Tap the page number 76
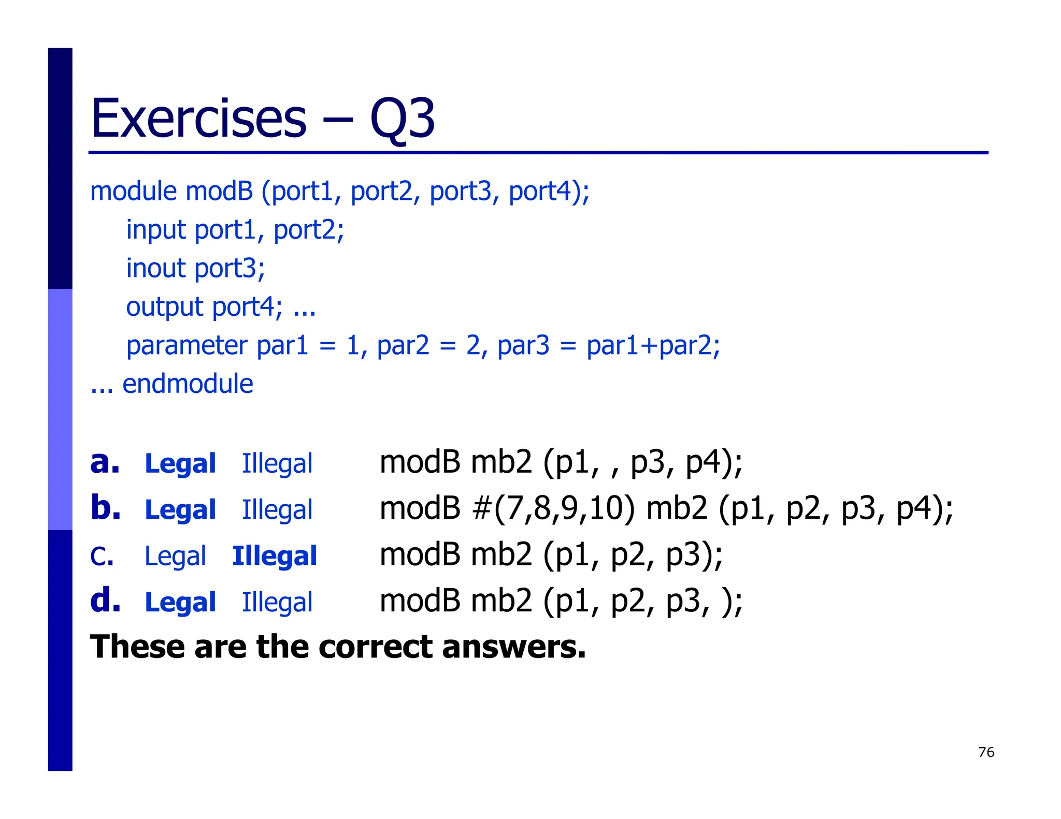[986, 752]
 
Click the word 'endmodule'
[188, 384]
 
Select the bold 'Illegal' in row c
[275, 556]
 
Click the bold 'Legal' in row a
[180, 463]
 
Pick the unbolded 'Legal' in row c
[175, 557]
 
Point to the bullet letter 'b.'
[105, 508]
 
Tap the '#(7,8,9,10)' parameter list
[553, 508]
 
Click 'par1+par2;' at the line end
[653, 345]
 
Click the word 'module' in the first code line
[133, 191]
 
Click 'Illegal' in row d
[277, 603]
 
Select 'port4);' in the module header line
[549, 192]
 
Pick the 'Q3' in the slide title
[402, 120]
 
